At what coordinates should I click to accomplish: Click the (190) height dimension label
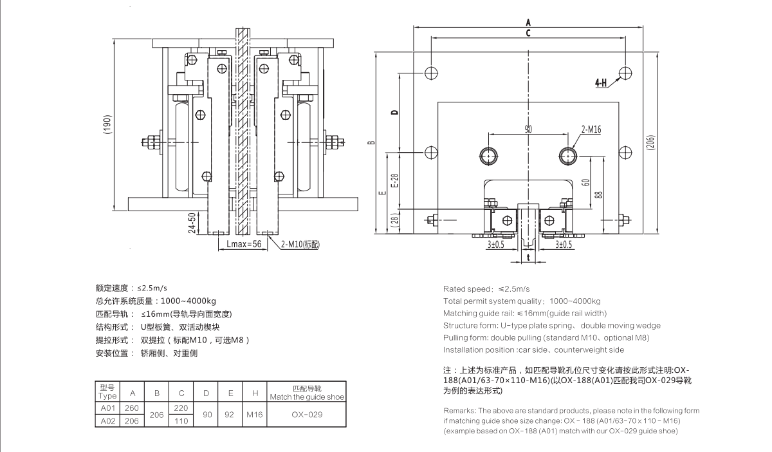click(107, 124)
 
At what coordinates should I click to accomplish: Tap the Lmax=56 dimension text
click(244, 244)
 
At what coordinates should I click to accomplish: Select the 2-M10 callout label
click(300, 245)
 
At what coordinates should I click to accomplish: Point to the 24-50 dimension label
click(192, 223)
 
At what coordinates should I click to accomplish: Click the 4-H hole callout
click(601, 83)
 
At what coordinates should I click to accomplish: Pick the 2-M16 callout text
click(591, 129)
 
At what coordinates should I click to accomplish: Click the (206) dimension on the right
click(650, 142)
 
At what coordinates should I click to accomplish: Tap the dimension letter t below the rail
click(528, 258)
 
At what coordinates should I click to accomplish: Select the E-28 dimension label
click(395, 180)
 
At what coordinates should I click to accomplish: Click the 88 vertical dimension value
click(599, 194)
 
